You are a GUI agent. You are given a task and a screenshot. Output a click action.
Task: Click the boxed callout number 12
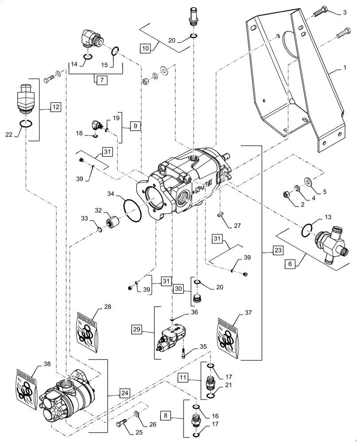tap(55, 107)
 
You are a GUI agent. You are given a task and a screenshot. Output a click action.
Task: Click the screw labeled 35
tap(183, 353)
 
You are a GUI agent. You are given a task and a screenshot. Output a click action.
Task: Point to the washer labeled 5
tap(307, 181)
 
